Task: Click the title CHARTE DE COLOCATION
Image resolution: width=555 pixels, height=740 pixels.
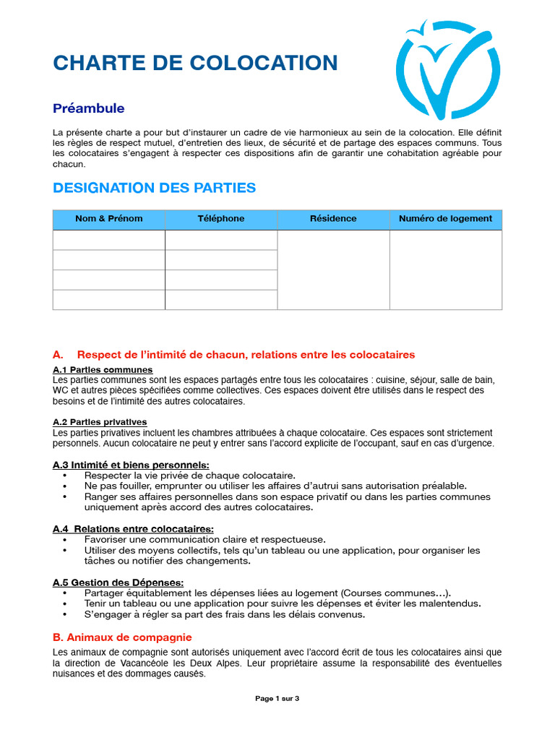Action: (195, 63)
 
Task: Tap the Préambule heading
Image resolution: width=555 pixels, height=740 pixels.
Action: (88, 108)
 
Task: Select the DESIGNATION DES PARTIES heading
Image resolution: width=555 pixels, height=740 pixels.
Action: (154, 188)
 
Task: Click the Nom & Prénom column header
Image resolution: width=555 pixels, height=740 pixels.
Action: (109, 219)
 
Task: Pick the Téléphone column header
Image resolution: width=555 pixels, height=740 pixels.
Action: (221, 219)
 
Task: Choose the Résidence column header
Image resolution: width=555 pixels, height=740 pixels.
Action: (333, 219)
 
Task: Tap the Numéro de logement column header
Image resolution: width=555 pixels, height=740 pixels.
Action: (445, 219)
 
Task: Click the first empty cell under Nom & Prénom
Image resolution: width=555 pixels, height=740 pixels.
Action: (109, 240)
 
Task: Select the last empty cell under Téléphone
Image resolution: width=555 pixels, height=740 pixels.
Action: (221, 300)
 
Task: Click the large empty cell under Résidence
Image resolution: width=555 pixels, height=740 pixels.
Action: (333, 270)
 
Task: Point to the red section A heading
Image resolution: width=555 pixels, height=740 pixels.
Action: (233, 355)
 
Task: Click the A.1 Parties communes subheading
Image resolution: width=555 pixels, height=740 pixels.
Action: (103, 369)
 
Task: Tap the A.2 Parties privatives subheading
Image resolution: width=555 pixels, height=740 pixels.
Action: (100, 421)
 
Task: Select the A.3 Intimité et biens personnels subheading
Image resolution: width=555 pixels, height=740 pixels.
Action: (131, 465)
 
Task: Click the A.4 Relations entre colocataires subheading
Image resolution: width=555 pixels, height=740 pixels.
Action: (133, 529)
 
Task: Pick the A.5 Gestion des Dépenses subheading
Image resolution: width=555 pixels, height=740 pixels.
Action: (118, 582)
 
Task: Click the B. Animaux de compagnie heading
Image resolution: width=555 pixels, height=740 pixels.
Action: (122, 637)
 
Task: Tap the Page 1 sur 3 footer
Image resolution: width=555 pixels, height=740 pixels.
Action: (277, 699)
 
